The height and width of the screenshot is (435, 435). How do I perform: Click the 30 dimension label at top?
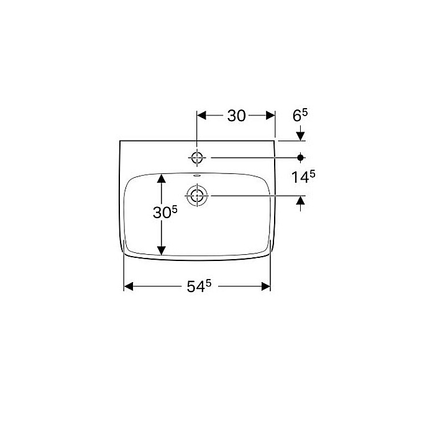pos(236,116)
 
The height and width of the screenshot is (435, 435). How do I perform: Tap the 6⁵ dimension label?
pos(300,116)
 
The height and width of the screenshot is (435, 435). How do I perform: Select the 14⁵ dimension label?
pos(303,178)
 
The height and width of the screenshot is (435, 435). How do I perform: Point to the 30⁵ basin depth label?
pos(166,213)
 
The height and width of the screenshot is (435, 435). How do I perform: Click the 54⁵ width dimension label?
pos(199,286)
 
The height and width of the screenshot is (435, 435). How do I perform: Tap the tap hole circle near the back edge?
pos(197,158)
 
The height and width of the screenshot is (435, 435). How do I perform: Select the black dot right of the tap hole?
pos(301,158)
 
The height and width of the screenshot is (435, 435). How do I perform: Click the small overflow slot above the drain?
pos(198,176)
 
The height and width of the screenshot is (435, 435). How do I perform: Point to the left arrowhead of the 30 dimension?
pos(202,116)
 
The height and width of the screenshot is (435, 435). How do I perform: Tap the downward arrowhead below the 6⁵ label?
pos(301,136)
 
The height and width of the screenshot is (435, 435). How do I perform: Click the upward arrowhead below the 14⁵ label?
pos(301,201)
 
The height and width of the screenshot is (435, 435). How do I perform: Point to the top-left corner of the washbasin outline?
pos(119,141)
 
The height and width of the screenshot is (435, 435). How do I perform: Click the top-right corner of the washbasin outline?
pos(275,141)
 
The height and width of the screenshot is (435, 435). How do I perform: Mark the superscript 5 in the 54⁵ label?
pos(208,283)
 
